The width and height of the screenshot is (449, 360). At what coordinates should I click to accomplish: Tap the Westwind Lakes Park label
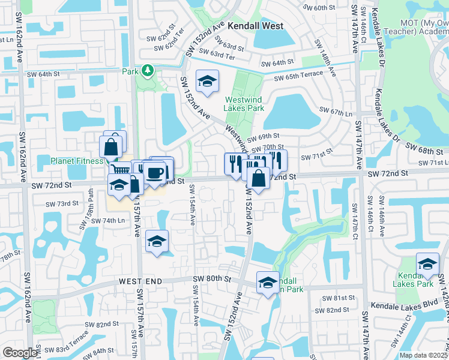click(244, 104)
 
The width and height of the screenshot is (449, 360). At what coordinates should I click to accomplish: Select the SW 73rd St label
click(63, 203)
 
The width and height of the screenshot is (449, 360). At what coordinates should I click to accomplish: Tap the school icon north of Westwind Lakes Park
click(207, 81)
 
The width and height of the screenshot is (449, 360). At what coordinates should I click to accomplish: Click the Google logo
click(20, 353)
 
